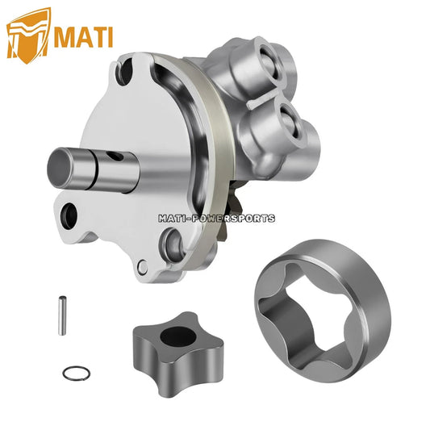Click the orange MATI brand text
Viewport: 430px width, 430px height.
coord(83,35)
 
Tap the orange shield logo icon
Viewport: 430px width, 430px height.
coord(28,35)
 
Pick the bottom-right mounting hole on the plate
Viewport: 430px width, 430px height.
coord(171,240)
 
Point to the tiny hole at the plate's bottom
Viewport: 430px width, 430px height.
coord(143,267)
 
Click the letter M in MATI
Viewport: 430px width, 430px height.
coord(65,35)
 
